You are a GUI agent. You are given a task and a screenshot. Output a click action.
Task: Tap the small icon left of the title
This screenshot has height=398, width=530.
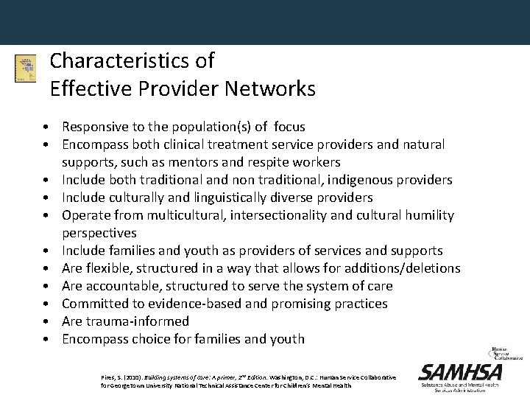coord(25,69)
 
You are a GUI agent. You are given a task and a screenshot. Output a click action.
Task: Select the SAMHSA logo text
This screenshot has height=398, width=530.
coord(460,372)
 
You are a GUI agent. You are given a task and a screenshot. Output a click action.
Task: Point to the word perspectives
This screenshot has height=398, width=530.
coord(99,233)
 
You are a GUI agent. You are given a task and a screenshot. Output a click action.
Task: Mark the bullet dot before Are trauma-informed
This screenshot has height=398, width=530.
coord(46,322)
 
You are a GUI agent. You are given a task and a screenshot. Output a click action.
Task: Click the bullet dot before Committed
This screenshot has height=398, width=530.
coord(46,304)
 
